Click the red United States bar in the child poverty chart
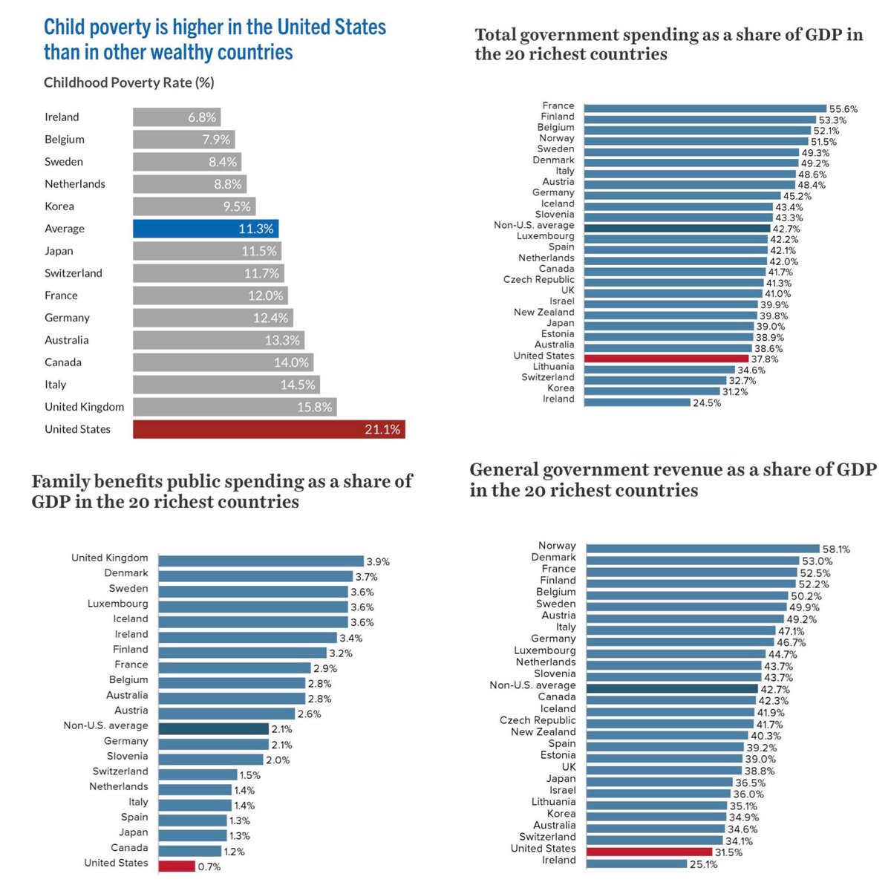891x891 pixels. point(269,429)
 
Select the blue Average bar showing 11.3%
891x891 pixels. point(206,229)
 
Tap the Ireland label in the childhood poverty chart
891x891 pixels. point(62,117)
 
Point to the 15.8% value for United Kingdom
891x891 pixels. point(314,407)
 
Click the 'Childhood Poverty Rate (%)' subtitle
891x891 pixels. point(129,82)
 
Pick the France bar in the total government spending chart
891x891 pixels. point(705,108)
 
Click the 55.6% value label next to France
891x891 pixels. point(842,109)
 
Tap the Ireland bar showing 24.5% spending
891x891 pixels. point(637,402)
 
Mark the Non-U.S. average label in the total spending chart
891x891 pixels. point(534,225)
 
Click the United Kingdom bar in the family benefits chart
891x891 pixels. point(261,561)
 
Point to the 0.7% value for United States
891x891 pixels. point(209,866)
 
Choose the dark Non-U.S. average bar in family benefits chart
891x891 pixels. point(214,729)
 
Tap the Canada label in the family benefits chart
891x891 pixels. point(129,847)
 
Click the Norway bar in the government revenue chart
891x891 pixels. point(702,549)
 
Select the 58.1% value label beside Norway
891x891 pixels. point(836,549)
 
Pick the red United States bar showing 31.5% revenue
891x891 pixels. point(650,852)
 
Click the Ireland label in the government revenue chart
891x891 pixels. point(559,860)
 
